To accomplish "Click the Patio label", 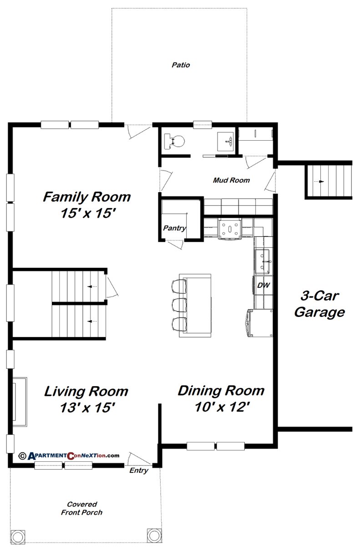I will coord(181,65).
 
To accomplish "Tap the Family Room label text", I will coord(86,205).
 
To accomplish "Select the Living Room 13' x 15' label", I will coord(86,399).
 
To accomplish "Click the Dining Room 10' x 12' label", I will coord(221,398).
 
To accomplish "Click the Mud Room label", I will coord(231,180).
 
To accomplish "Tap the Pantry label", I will coord(175,228).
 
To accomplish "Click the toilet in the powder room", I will coord(176,140).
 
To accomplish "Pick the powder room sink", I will coord(226,141).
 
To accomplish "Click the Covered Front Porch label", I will coord(82,508).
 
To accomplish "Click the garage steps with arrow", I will coord(329,181).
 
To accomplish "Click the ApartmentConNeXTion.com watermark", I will coord(69,455).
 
